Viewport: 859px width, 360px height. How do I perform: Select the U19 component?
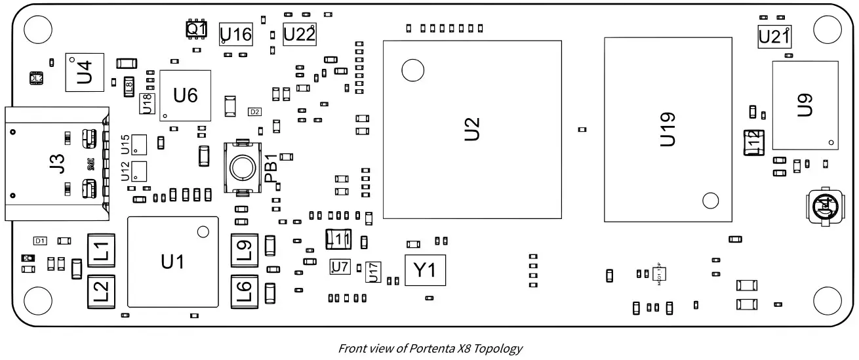coord(668,129)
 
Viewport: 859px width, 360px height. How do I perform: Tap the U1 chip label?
coord(172,262)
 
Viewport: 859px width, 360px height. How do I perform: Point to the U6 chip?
coord(185,96)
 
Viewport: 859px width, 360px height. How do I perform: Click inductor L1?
coord(101,251)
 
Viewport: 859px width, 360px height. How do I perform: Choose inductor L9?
coord(244,250)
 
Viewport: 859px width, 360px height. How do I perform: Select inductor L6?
coord(244,290)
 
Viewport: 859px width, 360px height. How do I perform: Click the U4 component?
coord(85,72)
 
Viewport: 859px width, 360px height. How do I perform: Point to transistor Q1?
coord(196,30)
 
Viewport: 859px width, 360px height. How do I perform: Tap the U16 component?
coord(235,34)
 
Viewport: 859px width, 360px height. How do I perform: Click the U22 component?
coord(300,34)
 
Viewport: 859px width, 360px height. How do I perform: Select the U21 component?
coord(774,37)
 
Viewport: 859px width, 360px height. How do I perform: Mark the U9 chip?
coord(805,106)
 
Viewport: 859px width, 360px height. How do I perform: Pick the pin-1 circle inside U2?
coord(412,70)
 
